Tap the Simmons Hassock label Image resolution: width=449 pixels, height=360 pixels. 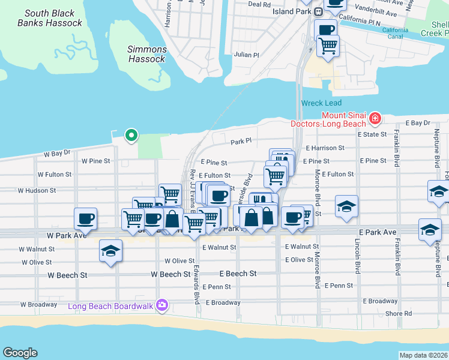pos(147,54)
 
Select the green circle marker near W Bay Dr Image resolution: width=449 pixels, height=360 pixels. pos(130,135)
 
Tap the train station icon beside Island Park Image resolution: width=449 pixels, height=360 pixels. pos(319,11)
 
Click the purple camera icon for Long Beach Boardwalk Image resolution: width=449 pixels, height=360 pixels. pos(161,305)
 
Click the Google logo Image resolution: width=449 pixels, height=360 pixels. pos(20,353)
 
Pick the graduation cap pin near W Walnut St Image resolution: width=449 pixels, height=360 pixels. pos(110,250)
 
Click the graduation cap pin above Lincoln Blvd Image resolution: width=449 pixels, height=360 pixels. pos(346,206)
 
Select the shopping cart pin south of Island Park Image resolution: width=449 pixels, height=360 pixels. pos(328,45)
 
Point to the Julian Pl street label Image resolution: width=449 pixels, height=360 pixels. pos(247,54)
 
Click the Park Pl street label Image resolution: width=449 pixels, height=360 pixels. pos(240,142)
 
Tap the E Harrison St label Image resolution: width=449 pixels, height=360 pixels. pos(325,148)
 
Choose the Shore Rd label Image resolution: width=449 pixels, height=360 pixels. pos(399,313)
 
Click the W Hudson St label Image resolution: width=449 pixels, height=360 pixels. pos(37,190)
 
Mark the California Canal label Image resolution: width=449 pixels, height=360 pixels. pos(396,34)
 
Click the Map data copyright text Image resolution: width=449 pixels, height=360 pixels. pos(423,355)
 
